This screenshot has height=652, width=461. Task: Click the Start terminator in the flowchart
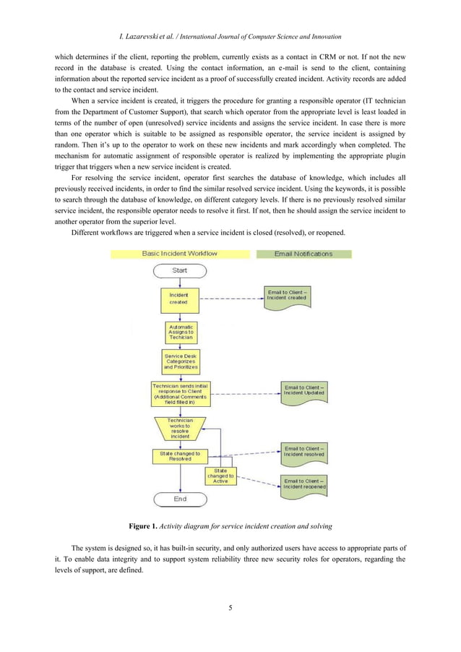[x=180, y=270]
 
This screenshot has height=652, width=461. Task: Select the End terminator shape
[x=180, y=499]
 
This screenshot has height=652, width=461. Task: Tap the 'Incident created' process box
[x=178, y=299]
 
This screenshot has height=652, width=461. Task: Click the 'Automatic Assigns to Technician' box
[x=180, y=333]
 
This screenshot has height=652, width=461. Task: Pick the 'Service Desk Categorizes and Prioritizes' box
[x=180, y=361]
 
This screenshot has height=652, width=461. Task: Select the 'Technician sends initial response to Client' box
[x=180, y=394]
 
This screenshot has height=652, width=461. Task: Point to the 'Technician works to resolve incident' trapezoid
[x=180, y=428]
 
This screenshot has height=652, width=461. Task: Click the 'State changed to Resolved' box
[x=180, y=456]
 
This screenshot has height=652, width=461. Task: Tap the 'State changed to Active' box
[x=220, y=476]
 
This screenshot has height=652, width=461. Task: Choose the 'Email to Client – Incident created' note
[x=287, y=296]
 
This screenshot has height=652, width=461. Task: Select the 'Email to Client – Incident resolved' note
[x=304, y=452]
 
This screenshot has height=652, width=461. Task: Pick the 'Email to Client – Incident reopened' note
[x=304, y=484]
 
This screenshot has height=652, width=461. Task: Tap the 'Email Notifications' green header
[x=303, y=254]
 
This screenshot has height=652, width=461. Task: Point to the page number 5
[x=230, y=608]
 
